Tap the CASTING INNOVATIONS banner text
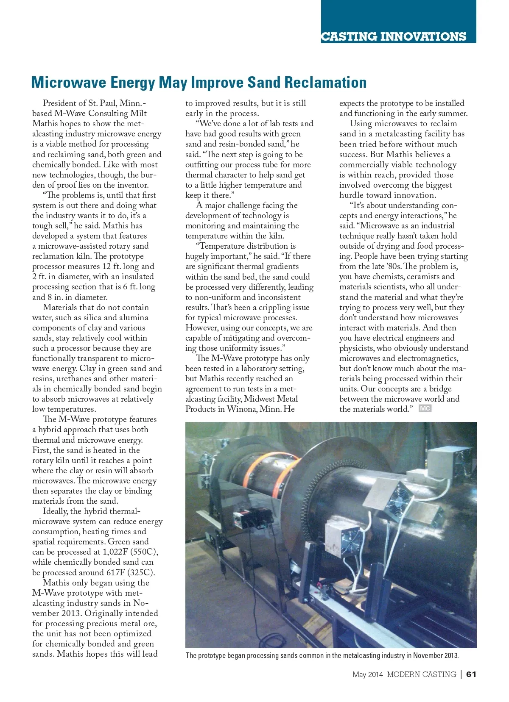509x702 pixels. [393, 36]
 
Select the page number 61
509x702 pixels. [471, 674]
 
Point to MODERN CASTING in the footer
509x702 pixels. [421, 674]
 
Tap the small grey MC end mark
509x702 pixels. [425, 408]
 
